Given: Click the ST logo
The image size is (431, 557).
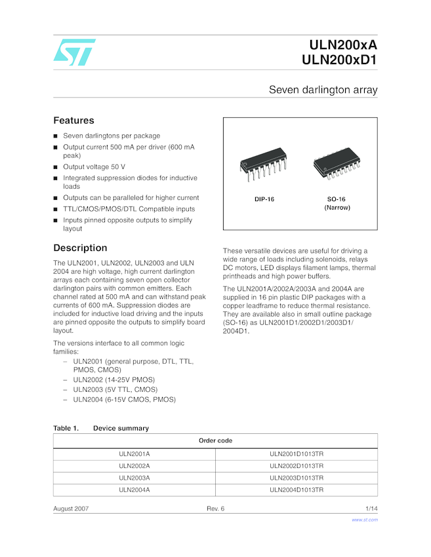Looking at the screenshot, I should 73,52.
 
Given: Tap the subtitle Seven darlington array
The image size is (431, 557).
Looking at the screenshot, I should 323,90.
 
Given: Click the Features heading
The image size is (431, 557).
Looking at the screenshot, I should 73,121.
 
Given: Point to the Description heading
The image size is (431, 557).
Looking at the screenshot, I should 80,248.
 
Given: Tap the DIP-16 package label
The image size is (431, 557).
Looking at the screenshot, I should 264,199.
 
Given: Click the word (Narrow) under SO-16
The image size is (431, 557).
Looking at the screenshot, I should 337,208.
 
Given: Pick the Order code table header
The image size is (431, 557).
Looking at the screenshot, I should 215,440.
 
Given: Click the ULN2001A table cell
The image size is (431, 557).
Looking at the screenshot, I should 134,453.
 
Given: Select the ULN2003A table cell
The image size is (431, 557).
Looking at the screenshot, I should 134,478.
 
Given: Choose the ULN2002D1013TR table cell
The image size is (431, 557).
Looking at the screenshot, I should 297,466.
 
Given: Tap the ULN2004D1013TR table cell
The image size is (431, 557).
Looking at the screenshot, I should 297,490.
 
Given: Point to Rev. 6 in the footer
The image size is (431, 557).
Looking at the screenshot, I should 215,509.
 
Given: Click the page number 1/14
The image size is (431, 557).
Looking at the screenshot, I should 371,509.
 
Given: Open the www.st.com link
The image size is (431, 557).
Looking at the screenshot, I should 365,520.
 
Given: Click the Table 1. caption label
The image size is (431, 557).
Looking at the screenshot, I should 66,428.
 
